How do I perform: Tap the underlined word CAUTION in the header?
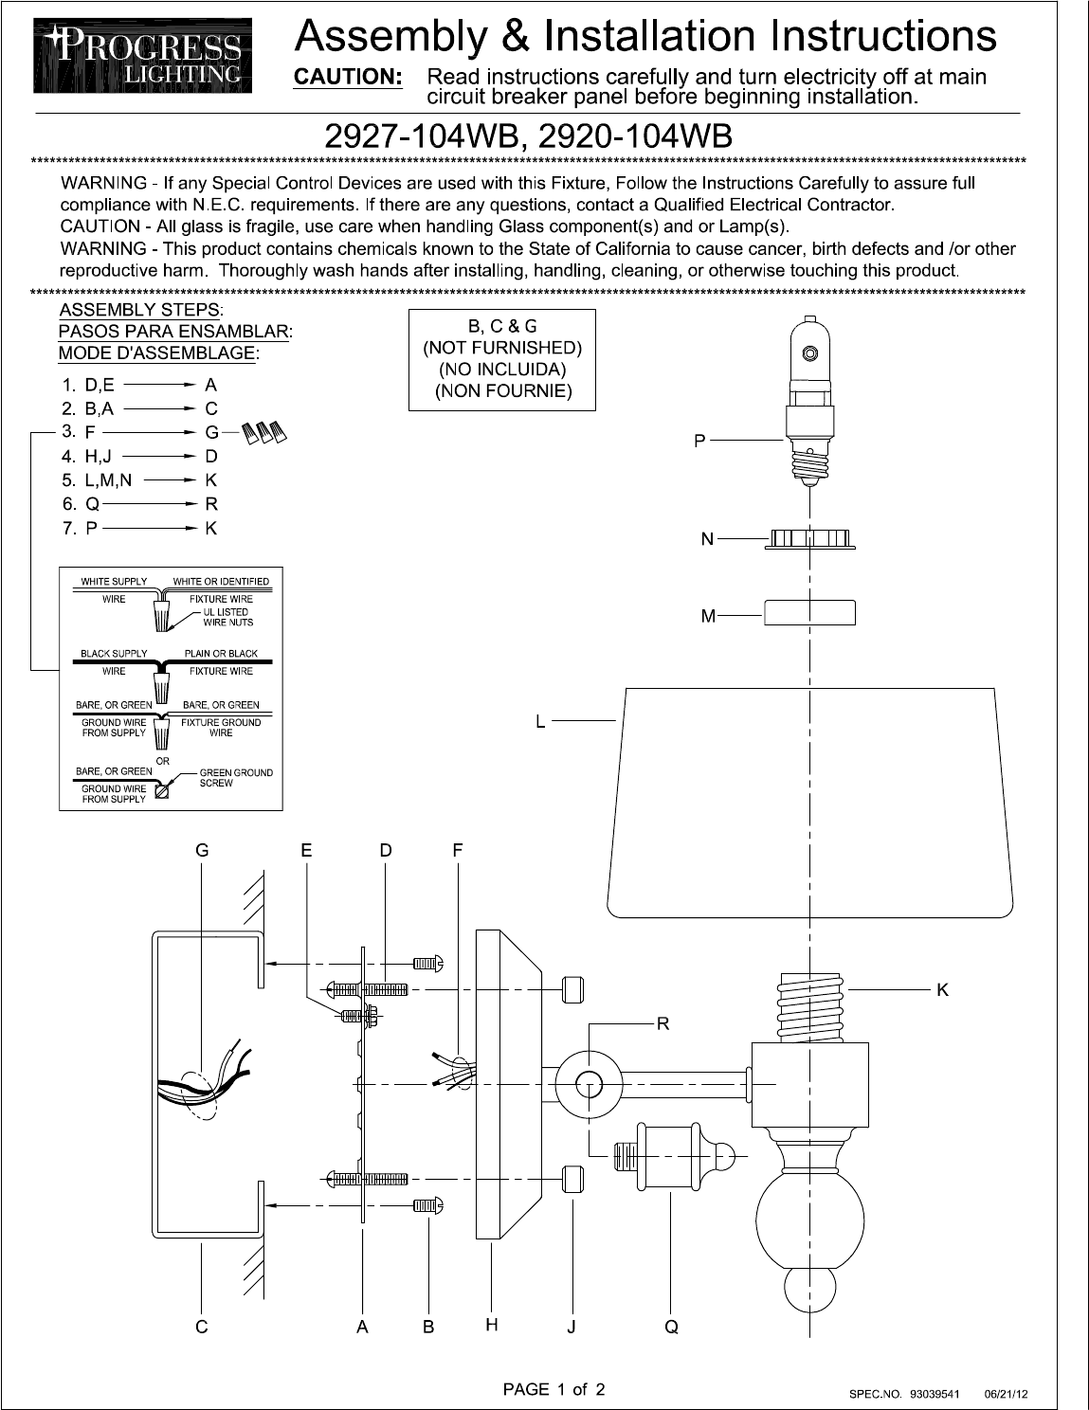(349, 77)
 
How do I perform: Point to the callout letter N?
(707, 539)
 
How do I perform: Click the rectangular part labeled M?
(808, 613)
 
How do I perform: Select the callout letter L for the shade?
(540, 722)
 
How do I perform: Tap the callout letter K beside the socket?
(942, 990)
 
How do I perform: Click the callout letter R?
(663, 1023)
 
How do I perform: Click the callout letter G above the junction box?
(202, 851)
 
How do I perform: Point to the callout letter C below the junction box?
(202, 1328)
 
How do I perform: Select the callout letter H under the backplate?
(492, 1326)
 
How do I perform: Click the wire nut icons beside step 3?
(264, 434)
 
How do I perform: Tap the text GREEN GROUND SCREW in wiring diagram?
(235, 778)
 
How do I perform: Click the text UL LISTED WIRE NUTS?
(227, 617)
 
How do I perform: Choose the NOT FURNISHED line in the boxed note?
(501, 348)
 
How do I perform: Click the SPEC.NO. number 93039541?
(935, 1394)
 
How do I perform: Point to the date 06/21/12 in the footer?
(1007, 1394)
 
